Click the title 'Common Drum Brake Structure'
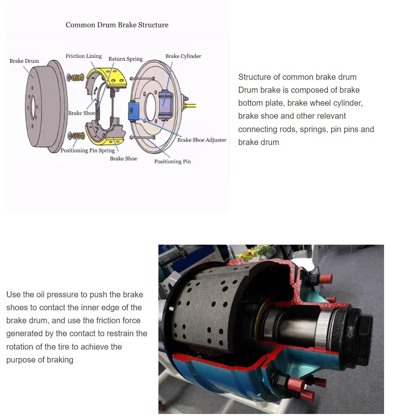[117, 25]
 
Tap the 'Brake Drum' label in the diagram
[24, 61]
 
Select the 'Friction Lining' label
[83, 56]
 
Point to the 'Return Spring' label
[125, 59]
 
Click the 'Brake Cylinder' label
[183, 56]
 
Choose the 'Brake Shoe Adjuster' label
[202, 140]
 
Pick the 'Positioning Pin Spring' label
[88, 150]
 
